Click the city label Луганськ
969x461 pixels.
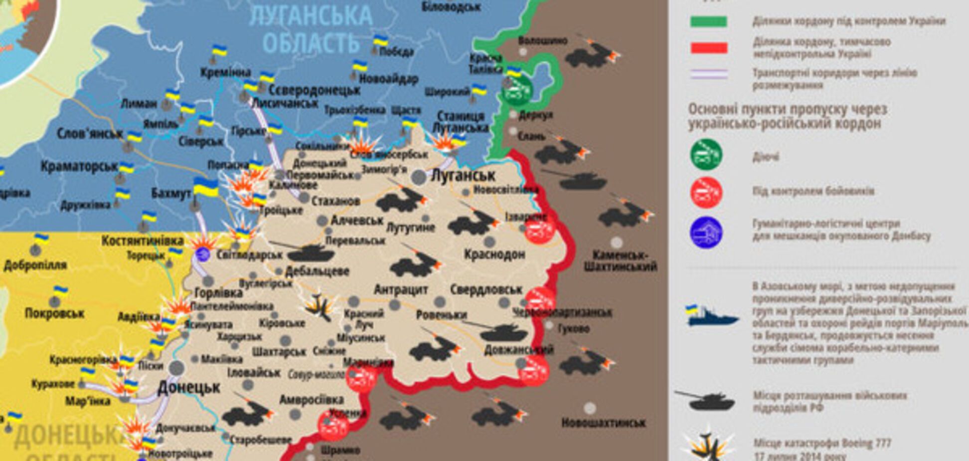(x=463, y=176)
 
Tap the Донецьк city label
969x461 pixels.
(x=188, y=388)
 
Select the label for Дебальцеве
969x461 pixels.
(x=317, y=271)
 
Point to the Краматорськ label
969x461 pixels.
(x=79, y=166)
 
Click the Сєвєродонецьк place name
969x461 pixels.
(x=314, y=90)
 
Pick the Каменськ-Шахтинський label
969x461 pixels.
(x=620, y=260)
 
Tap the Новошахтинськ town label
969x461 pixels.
(x=603, y=423)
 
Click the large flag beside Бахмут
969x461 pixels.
(x=205, y=187)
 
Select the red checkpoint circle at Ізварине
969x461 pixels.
(x=539, y=230)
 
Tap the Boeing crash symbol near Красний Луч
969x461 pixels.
(x=319, y=306)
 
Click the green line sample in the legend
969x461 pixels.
(x=708, y=21)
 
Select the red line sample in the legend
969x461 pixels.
(x=708, y=48)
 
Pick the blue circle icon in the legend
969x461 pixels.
(x=706, y=232)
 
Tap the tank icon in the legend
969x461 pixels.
(x=705, y=400)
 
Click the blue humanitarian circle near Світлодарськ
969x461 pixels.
(x=202, y=253)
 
